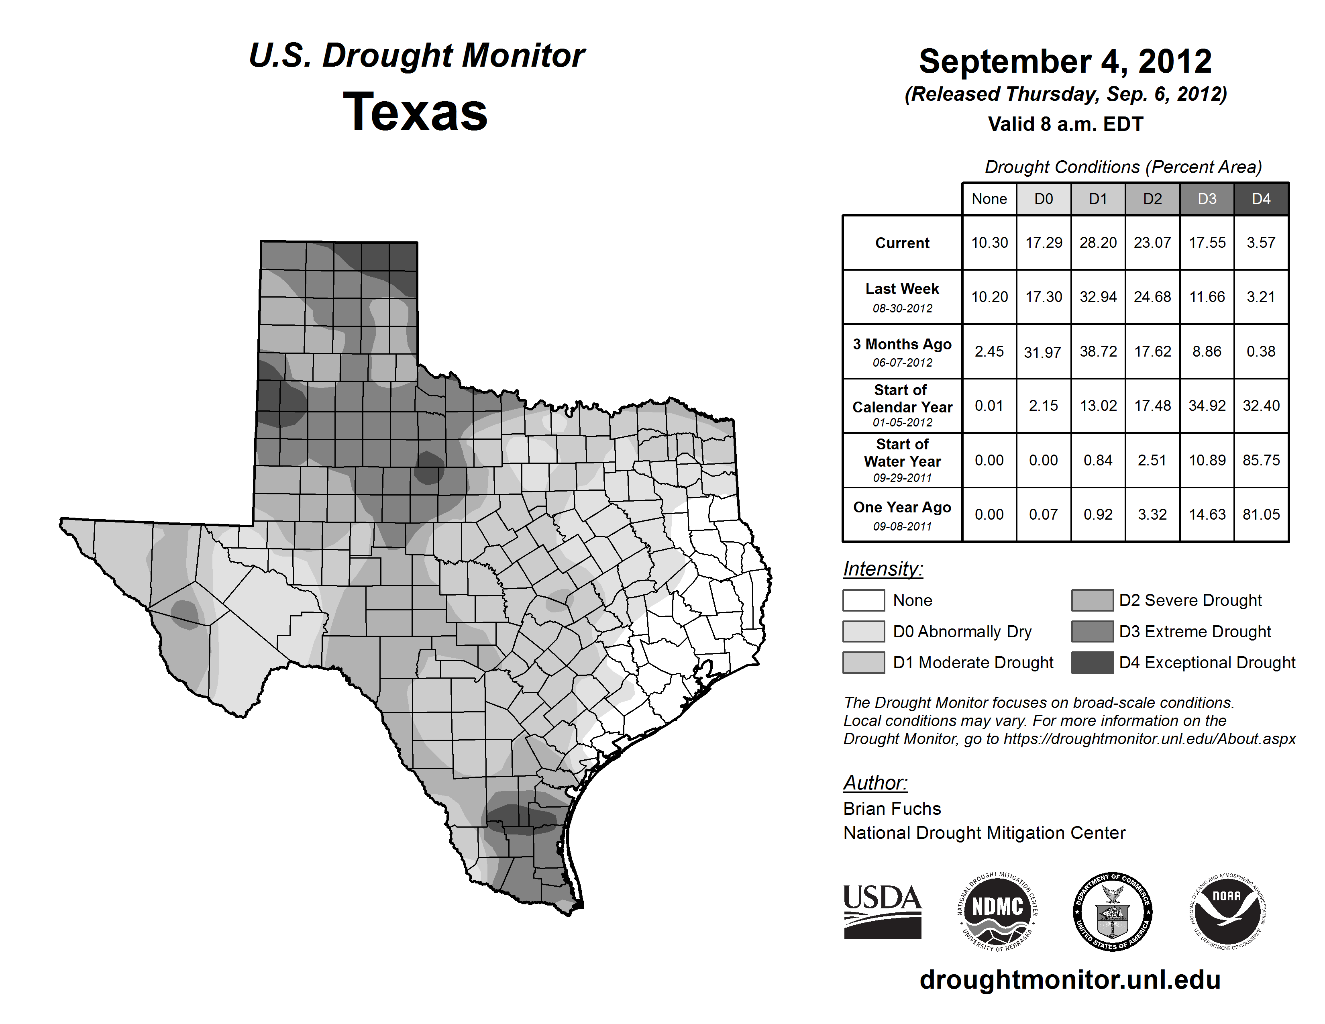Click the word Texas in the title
[415, 112]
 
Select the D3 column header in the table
[1207, 199]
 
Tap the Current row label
[902, 243]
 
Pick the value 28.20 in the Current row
[1098, 243]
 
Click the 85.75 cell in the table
[1261, 461]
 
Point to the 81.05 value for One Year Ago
[1261, 514]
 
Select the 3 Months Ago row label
[902, 345]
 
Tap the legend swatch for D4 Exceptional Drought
[1092, 663]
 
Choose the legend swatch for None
[863, 600]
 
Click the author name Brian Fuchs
[892, 809]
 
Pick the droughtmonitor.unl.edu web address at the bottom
[1070, 980]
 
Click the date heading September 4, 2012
[1065, 61]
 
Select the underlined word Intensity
[883, 569]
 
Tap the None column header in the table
[989, 199]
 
